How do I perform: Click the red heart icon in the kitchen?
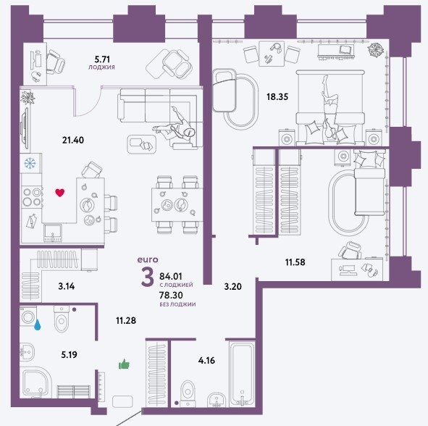pos(60,193)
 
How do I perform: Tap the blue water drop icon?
pos(38,325)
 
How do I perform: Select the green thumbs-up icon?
pos(124,364)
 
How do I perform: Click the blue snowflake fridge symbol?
pos(30,163)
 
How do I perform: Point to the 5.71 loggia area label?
pos(102,59)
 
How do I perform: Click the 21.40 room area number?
pos(73,140)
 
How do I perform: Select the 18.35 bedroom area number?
pos(277,96)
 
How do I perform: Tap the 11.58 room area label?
pos(295,262)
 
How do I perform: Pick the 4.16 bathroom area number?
pos(206,361)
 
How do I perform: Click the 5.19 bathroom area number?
pos(69,354)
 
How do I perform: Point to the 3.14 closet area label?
pos(67,286)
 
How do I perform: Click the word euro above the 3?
pos(148,259)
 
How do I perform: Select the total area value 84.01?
pos(171,276)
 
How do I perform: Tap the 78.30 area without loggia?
pos(171,295)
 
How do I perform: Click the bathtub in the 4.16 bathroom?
pos(242,374)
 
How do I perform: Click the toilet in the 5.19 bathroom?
pos(62,318)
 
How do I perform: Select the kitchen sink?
pos(53,233)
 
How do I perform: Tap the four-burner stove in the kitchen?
pos(32,197)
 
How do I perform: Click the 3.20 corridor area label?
pos(233,286)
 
